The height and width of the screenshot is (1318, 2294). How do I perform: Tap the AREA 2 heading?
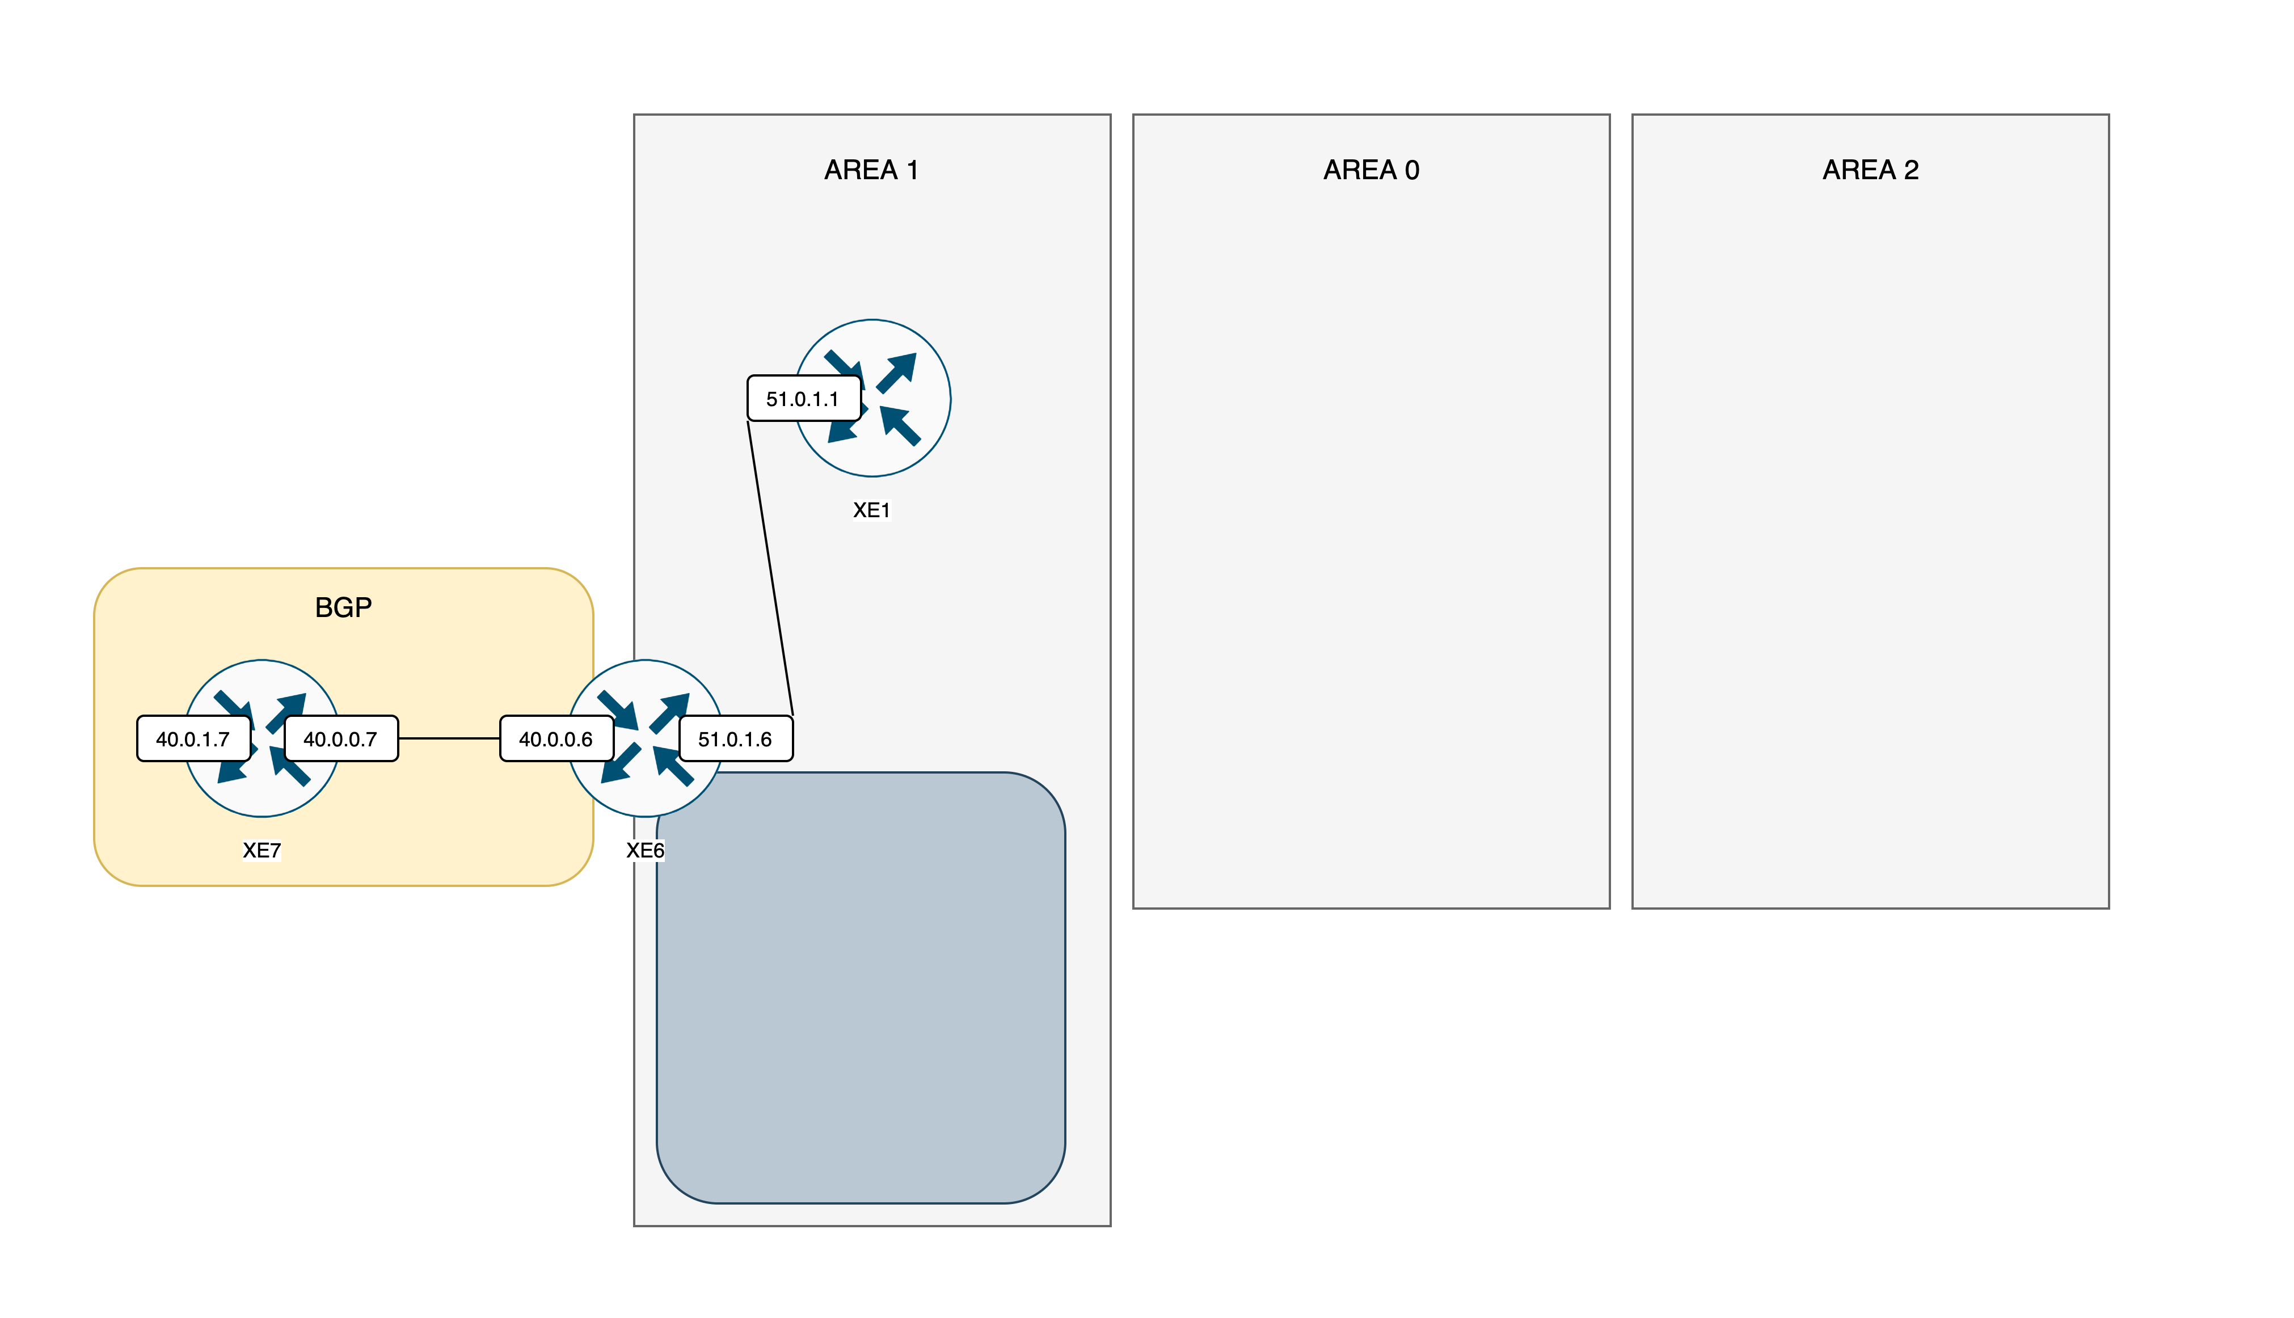(1870, 170)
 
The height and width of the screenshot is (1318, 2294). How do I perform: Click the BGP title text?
(343, 607)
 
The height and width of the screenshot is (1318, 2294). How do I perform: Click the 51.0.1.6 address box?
(735, 738)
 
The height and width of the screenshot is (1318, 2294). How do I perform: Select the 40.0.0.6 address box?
(556, 738)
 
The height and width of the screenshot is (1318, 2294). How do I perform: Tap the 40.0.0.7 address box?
(340, 738)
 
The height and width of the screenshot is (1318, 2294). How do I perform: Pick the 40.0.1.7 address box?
(193, 738)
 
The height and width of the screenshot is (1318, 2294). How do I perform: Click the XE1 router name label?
(872, 510)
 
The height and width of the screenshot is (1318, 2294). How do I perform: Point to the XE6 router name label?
(646, 850)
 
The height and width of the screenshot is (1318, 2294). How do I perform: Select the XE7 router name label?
(262, 850)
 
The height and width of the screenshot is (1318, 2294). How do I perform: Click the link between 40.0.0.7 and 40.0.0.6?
(449, 738)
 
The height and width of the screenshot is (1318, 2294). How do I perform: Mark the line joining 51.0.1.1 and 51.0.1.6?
(770, 568)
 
